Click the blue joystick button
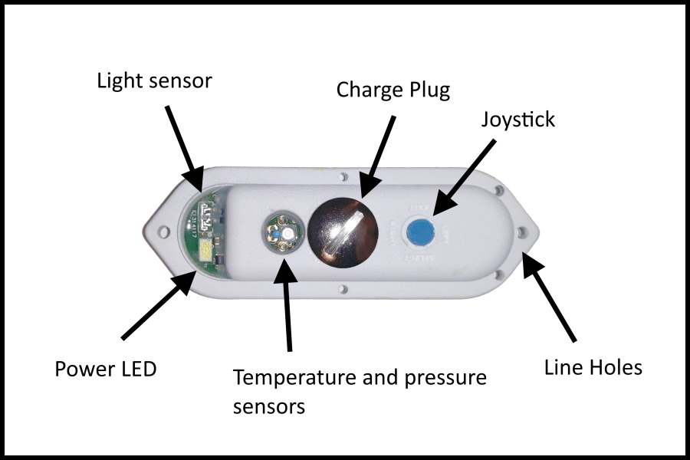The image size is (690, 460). click(x=419, y=229)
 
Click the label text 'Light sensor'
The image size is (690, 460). click(x=153, y=81)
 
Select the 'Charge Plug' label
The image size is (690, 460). click(x=393, y=90)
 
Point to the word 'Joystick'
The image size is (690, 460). click(x=517, y=120)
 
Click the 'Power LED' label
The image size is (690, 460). click(x=105, y=369)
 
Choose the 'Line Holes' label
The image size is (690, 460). click(x=593, y=367)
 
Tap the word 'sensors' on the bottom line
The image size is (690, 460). click(x=268, y=406)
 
